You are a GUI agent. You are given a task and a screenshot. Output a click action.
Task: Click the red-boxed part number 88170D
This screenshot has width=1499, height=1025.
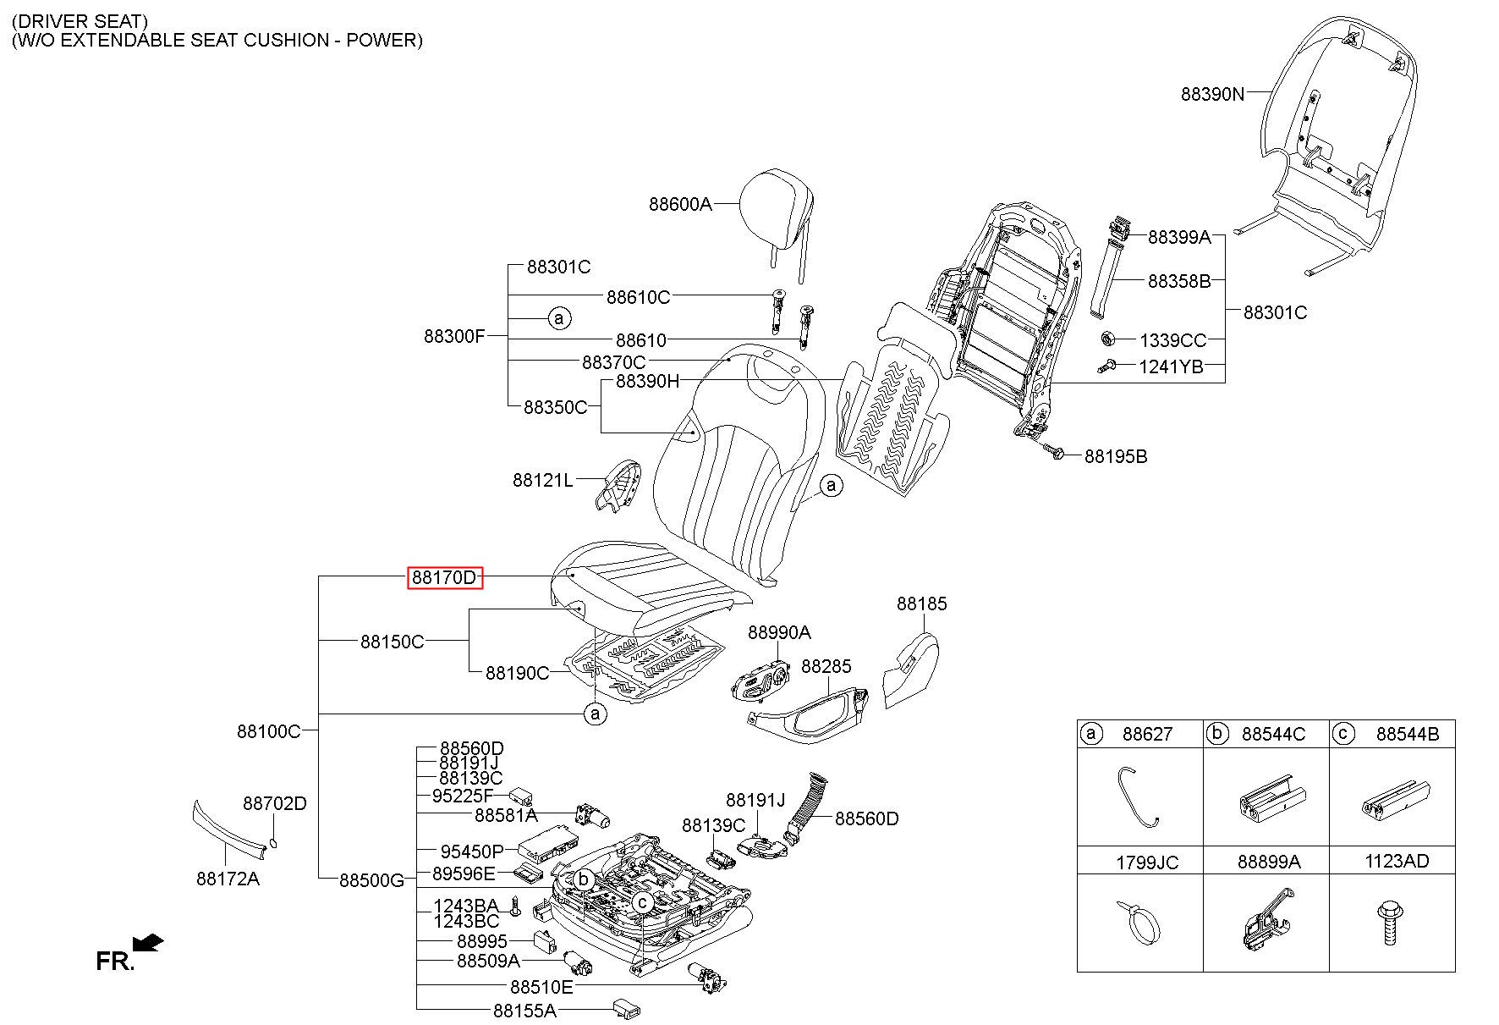(x=444, y=578)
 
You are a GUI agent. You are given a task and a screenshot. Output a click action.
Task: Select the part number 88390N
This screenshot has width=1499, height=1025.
(x=1212, y=94)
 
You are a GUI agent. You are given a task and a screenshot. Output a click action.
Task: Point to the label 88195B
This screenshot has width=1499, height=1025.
(x=1116, y=457)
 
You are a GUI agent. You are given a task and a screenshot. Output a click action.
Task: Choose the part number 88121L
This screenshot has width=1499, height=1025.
(x=542, y=481)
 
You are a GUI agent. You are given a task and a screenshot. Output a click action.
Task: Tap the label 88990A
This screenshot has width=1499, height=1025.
(x=778, y=632)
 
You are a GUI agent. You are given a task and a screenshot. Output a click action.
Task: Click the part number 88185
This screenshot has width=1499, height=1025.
(x=922, y=603)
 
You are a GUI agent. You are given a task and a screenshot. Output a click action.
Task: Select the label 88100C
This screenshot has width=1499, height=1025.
(x=268, y=730)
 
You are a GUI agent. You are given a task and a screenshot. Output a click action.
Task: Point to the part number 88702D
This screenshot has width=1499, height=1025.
(x=274, y=803)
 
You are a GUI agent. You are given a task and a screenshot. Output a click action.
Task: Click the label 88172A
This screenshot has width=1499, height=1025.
(x=228, y=879)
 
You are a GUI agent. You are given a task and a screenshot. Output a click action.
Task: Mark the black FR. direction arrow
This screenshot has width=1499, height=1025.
(x=149, y=941)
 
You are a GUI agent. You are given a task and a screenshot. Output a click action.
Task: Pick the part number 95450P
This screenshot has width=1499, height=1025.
(x=471, y=851)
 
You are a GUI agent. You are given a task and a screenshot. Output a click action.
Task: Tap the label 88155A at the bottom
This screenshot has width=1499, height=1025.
(x=524, y=1010)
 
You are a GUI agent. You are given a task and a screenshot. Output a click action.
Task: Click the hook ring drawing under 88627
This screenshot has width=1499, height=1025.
(x=1136, y=796)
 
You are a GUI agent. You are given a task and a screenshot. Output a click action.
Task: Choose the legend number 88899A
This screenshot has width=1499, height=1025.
(x=1268, y=862)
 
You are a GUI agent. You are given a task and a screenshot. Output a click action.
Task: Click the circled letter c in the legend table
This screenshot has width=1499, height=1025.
(x=1343, y=733)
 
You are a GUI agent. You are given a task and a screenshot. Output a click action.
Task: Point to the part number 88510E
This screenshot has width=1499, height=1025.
(x=541, y=987)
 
